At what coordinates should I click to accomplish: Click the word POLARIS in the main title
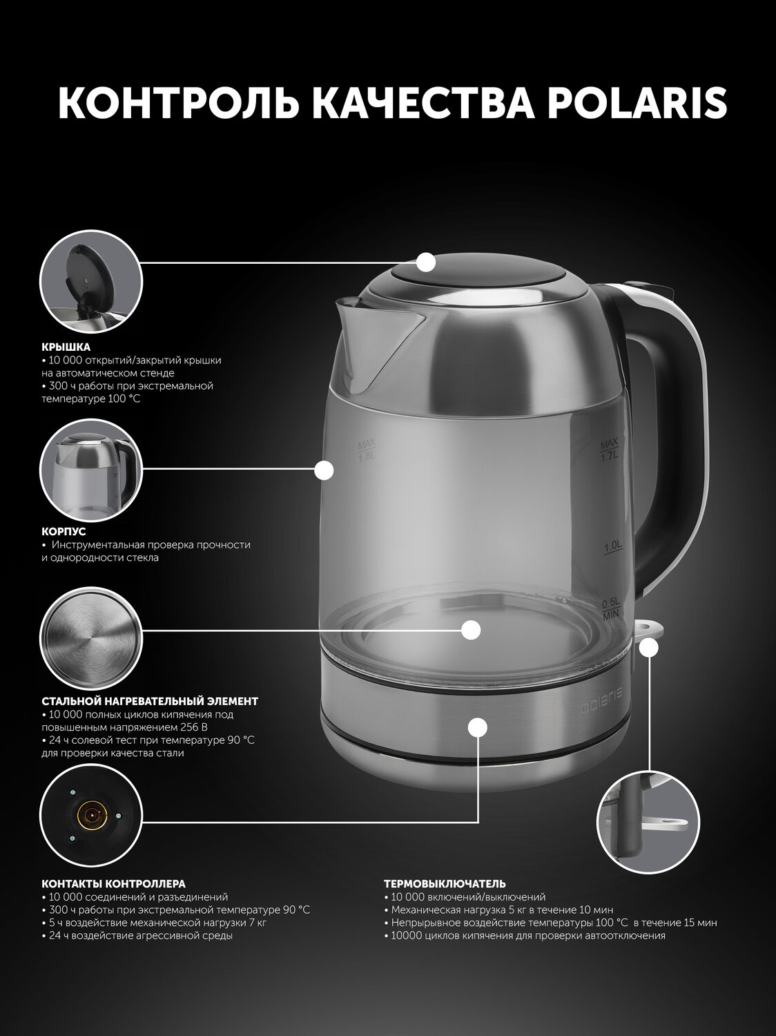pyautogui.click(x=637, y=104)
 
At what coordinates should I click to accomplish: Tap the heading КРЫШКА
pyautogui.click(x=66, y=347)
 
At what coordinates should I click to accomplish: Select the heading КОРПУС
pyautogui.click(x=64, y=532)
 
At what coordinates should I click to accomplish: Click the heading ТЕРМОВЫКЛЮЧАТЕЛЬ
pyautogui.click(x=445, y=883)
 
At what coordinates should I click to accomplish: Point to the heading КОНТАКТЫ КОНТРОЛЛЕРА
pyautogui.click(x=113, y=883)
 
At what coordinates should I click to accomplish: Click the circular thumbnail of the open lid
pyautogui.click(x=91, y=282)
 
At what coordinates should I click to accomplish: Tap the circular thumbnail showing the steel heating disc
pyautogui.click(x=91, y=639)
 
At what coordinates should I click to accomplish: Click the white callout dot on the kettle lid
pyautogui.click(x=427, y=262)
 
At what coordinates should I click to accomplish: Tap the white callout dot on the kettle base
pyautogui.click(x=478, y=727)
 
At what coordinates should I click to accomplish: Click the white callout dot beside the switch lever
pyautogui.click(x=649, y=648)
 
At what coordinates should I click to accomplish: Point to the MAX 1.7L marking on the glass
pyautogui.click(x=609, y=451)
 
